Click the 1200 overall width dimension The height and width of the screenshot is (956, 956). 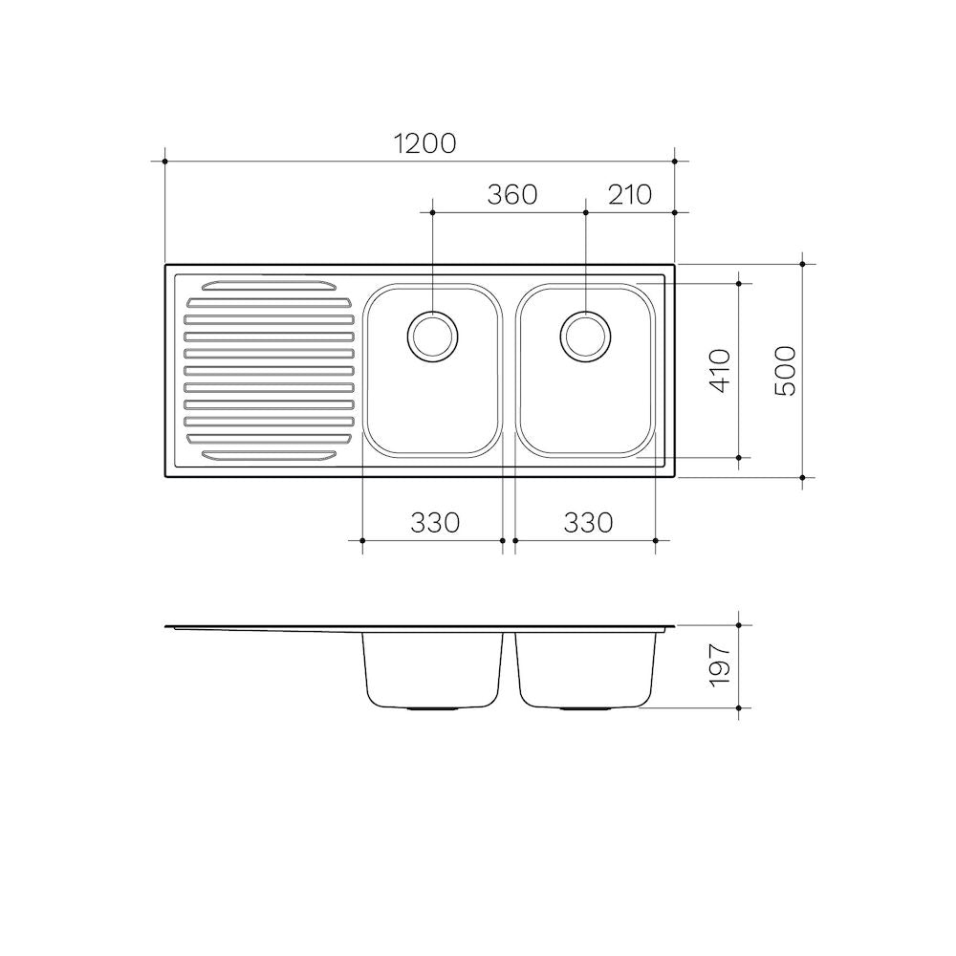[x=425, y=144]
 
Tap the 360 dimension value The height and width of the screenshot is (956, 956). [x=512, y=194]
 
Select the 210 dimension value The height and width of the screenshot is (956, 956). [x=630, y=194]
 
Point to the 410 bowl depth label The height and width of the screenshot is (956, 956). [x=720, y=371]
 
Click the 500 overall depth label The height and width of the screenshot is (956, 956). [x=785, y=371]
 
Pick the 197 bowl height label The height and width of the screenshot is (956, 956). [x=720, y=666]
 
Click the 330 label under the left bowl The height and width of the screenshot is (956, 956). [x=435, y=523]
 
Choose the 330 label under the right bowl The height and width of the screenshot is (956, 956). [x=588, y=523]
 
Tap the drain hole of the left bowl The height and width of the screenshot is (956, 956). [x=432, y=337]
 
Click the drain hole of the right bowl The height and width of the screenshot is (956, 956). [x=585, y=337]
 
